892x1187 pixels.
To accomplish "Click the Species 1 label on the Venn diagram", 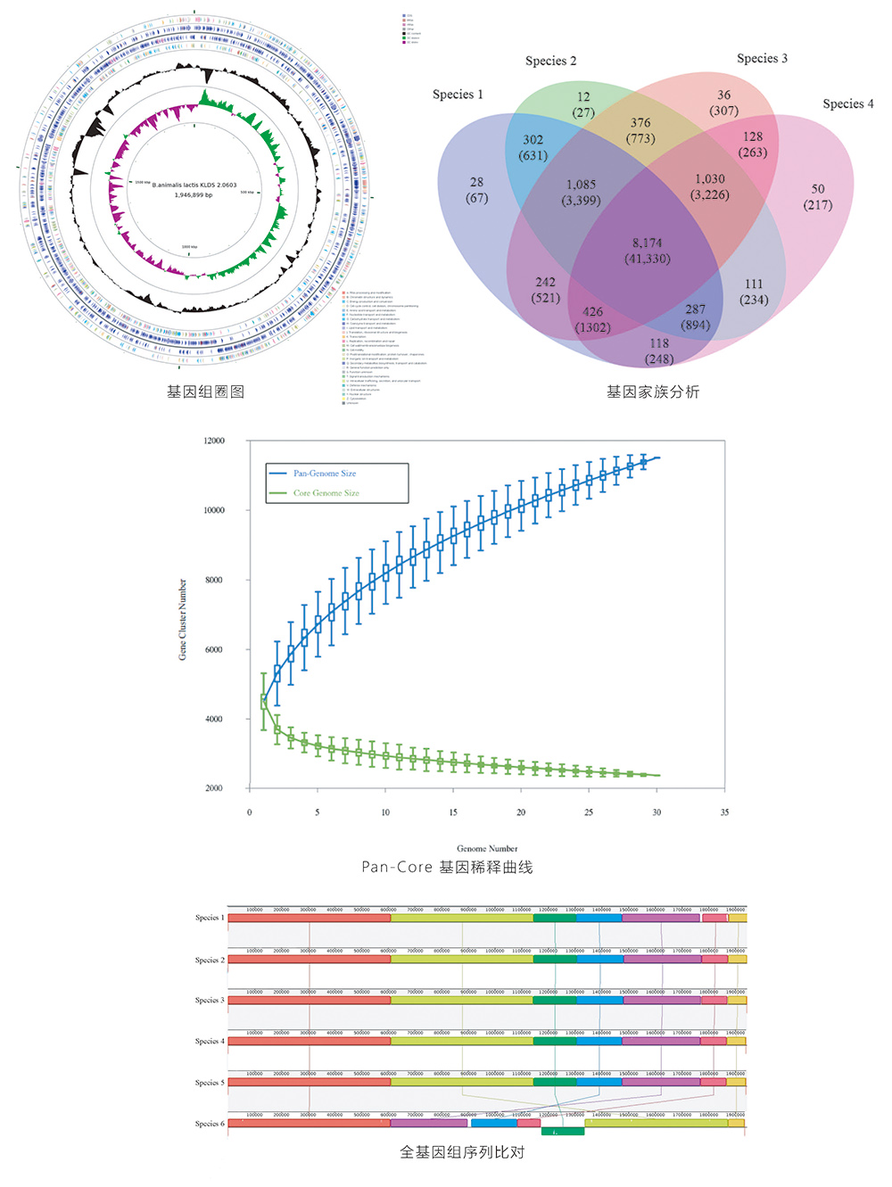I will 458,95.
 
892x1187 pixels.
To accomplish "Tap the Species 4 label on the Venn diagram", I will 847,103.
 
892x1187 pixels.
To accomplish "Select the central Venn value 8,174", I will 648,243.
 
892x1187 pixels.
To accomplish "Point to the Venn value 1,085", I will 581,185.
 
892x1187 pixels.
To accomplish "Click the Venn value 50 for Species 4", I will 818,189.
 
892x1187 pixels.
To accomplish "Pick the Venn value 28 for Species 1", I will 476,182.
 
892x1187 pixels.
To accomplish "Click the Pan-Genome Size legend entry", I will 324,474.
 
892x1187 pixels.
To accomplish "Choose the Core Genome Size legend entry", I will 326,493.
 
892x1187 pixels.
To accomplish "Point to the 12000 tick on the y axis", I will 214,441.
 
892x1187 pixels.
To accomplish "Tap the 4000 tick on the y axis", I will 214,719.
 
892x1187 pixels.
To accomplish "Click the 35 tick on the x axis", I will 724,812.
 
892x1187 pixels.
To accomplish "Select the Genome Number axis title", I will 487,848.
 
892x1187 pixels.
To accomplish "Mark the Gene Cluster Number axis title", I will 183,619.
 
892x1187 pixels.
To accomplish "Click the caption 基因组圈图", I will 205,392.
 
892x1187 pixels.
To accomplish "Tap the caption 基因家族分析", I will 653,392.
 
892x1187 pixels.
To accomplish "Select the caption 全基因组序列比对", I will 462,1152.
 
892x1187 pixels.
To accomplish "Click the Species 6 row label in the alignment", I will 210,1124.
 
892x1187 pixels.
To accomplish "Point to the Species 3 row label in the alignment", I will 210,1001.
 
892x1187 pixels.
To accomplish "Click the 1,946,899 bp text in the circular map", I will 194,195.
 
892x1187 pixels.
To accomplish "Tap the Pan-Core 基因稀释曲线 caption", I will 447,867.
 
